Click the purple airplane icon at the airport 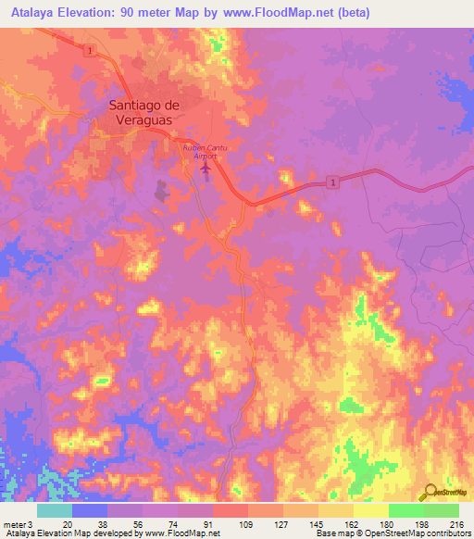[x=206, y=170]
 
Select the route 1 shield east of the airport [x=331, y=184]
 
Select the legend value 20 [x=68, y=523]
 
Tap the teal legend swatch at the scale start [x=54, y=510]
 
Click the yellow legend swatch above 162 [x=335, y=510]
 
